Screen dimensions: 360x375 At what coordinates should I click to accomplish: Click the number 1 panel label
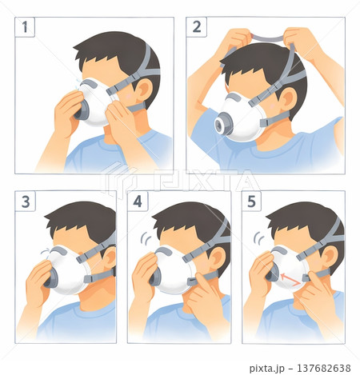pyautogui.click(x=25, y=27)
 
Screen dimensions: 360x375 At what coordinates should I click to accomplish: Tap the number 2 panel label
pyautogui.click(x=197, y=27)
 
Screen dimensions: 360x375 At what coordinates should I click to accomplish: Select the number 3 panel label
pyautogui.click(x=26, y=201)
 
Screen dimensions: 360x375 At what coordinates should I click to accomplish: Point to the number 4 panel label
pyautogui.click(x=138, y=201)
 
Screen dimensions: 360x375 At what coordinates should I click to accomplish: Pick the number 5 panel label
pyautogui.click(x=251, y=201)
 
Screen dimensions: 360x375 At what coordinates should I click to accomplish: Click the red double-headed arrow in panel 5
pyautogui.click(x=290, y=280)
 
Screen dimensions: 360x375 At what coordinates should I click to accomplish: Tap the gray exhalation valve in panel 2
pyautogui.click(x=224, y=124)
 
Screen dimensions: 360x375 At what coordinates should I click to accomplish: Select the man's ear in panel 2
pyautogui.click(x=289, y=99)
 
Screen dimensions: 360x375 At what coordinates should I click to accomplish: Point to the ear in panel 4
pyautogui.click(x=217, y=258)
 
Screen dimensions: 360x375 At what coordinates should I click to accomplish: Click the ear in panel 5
pyautogui.click(x=330, y=257)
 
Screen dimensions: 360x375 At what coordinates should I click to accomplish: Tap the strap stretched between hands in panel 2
pyautogui.click(x=267, y=38)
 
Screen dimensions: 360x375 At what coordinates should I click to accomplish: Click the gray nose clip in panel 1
pyautogui.click(x=89, y=83)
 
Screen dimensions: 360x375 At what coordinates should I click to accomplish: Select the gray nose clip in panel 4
pyautogui.click(x=163, y=251)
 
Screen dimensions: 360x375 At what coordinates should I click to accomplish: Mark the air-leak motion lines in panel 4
pyautogui.click(x=146, y=238)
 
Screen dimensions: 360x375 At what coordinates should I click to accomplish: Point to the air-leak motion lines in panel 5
pyautogui.click(x=258, y=238)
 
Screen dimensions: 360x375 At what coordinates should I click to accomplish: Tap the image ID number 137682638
pyautogui.click(x=323, y=368)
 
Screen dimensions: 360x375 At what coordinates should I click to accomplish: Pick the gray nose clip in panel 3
pyautogui.click(x=58, y=251)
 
